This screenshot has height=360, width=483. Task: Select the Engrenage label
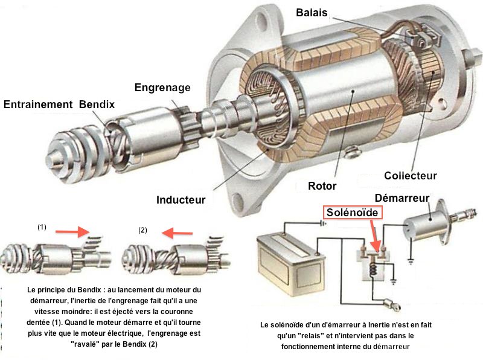click(x=162, y=88)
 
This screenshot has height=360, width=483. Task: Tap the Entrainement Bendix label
click(x=59, y=104)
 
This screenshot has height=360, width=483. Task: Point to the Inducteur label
click(x=181, y=199)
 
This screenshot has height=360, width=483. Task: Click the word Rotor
click(x=322, y=185)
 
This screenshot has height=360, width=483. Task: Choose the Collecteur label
click(x=410, y=176)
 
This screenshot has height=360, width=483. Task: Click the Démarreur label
click(x=401, y=198)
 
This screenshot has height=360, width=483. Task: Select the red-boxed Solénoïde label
click(x=353, y=213)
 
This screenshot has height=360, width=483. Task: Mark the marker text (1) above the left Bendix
click(x=42, y=227)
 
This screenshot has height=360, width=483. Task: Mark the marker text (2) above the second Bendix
click(x=142, y=230)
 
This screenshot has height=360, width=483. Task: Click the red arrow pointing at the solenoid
click(x=374, y=235)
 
